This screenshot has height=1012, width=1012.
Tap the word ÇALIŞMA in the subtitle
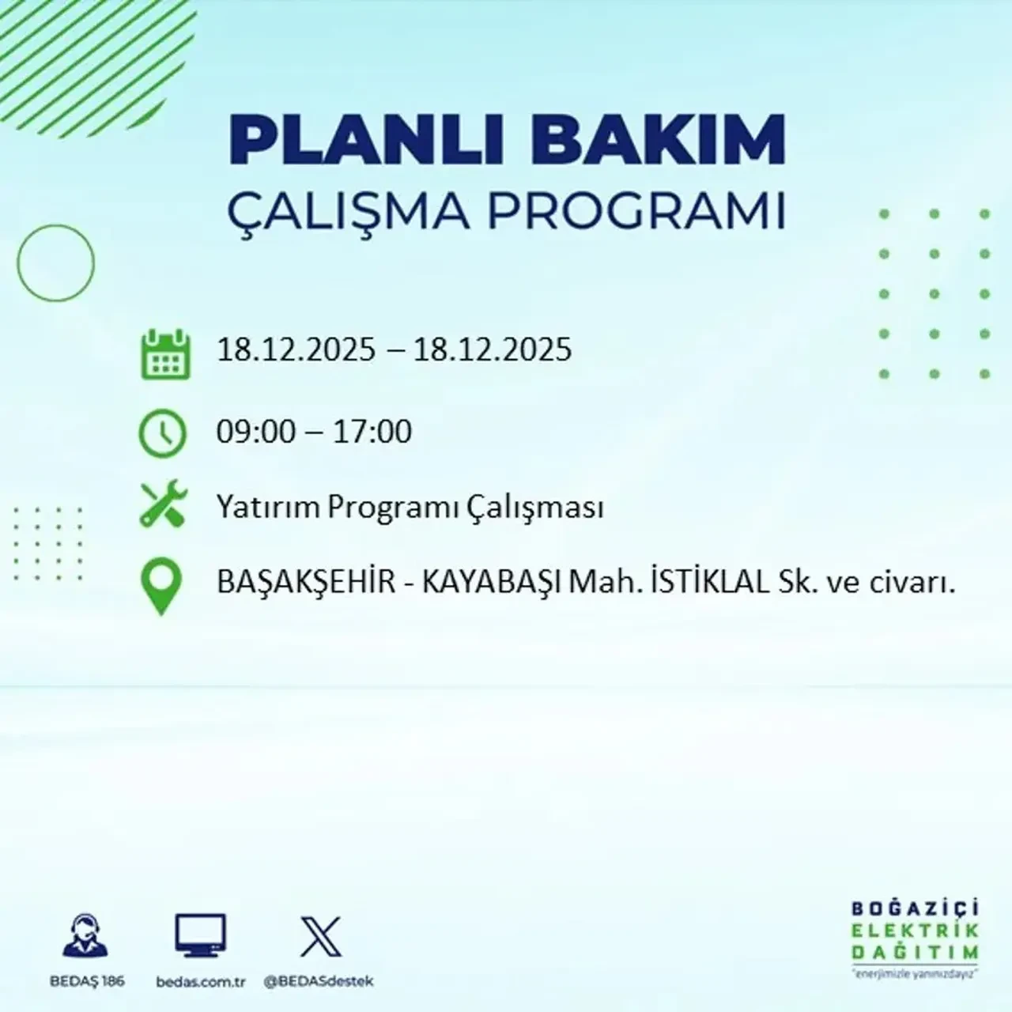tap(344, 211)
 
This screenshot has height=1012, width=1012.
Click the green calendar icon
tap(165, 354)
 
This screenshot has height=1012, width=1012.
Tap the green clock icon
tap(162, 434)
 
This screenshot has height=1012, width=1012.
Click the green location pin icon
tap(160, 587)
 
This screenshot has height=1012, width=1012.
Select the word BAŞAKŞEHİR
tap(306, 583)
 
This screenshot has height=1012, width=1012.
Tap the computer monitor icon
tap(200, 937)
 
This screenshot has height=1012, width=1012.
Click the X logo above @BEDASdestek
tap(321, 937)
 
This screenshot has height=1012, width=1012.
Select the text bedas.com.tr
tap(201, 982)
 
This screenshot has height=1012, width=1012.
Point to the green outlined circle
tap(55, 263)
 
